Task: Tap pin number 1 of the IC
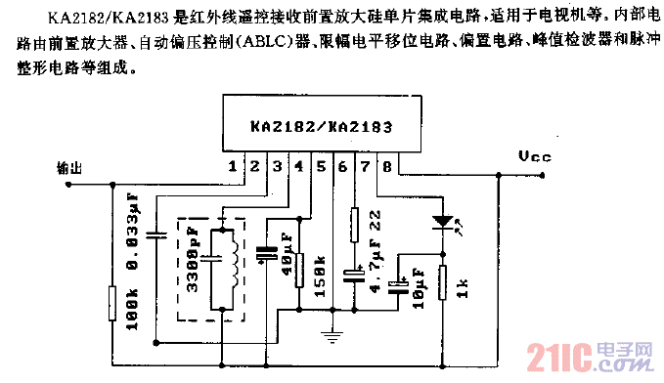tap(232, 167)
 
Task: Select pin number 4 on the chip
tap(297, 167)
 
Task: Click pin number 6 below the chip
tap(341, 167)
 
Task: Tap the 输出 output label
tap(70, 167)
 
